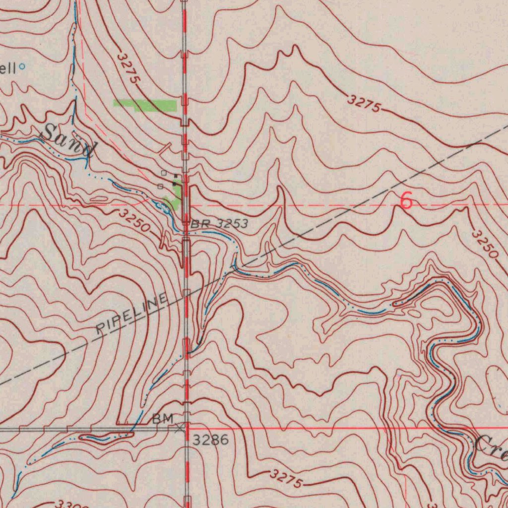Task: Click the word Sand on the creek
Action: [67, 141]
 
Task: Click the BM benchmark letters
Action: [162, 419]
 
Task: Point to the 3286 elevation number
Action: [210, 440]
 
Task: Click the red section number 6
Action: [406, 201]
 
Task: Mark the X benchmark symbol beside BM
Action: [180, 427]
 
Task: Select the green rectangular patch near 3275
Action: [145, 105]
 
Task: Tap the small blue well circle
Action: [22, 65]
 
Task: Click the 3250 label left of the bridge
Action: [134, 221]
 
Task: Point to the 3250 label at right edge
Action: [485, 244]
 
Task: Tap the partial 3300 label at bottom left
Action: [69, 505]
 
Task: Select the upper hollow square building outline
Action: [164, 173]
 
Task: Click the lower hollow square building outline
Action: [160, 186]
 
